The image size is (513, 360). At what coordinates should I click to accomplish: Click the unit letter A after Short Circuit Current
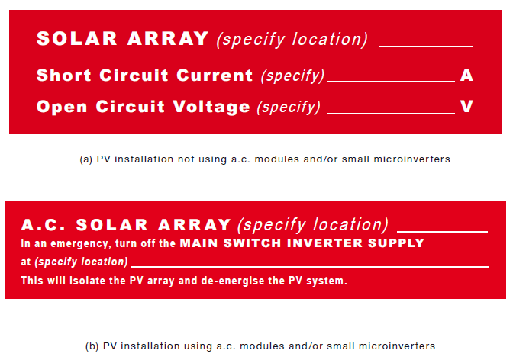click(467, 76)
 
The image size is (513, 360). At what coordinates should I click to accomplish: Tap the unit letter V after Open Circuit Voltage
click(467, 107)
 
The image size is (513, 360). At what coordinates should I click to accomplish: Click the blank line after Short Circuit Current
click(390, 81)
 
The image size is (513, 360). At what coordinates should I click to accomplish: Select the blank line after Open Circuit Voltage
click(390, 112)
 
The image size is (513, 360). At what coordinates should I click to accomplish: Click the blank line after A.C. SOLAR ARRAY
click(442, 230)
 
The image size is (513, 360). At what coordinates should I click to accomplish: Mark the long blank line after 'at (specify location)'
click(309, 266)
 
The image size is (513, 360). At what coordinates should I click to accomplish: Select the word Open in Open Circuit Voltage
click(60, 107)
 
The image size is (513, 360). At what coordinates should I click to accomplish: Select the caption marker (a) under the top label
click(85, 159)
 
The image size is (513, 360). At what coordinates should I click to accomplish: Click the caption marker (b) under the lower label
click(92, 346)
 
